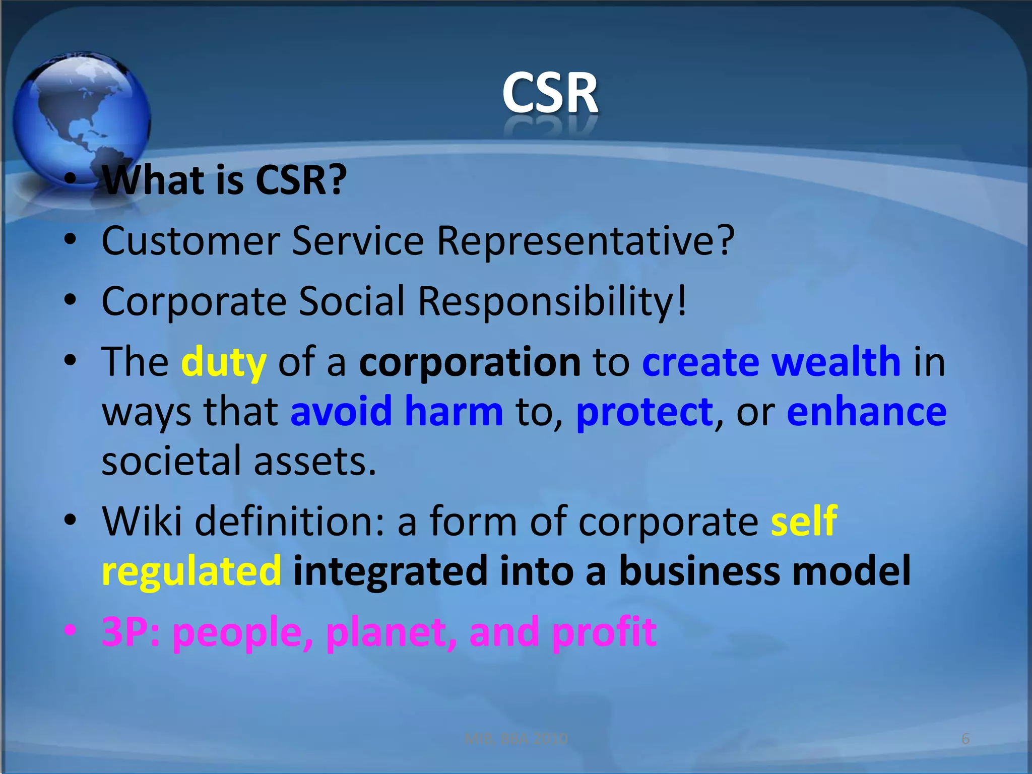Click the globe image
(x=81, y=118)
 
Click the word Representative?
(x=585, y=241)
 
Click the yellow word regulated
(x=191, y=570)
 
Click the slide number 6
(x=965, y=739)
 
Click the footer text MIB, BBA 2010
(x=515, y=739)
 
